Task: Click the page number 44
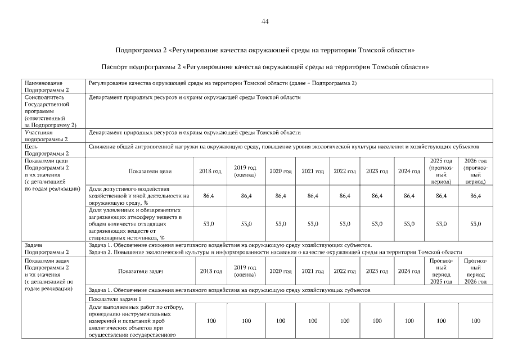[x=265, y=21]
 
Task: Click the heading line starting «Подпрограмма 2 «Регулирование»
[x=265, y=50]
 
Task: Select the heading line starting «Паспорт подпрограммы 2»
[x=265, y=67]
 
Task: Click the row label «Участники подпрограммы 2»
[x=46, y=136]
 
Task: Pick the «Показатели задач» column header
[x=141, y=271]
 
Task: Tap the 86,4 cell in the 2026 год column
[x=475, y=196]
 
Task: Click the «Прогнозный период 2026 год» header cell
[x=475, y=271]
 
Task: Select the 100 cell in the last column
[x=475, y=321]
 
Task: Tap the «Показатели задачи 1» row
[x=115, y=299]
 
